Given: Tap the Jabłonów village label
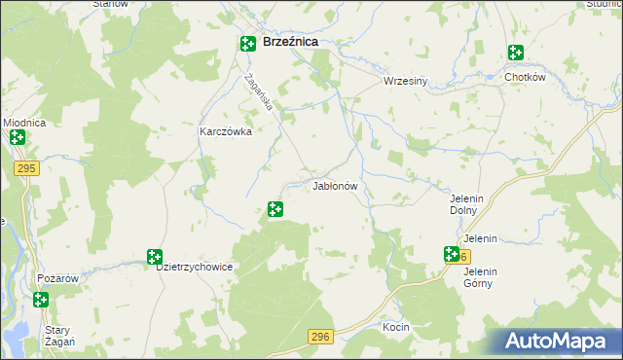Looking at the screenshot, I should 336,185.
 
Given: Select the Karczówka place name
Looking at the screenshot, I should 226,132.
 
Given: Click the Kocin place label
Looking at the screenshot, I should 396,327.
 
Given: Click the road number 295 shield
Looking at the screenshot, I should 26,168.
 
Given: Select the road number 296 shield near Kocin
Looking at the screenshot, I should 319,336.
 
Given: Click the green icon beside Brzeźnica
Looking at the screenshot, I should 248,43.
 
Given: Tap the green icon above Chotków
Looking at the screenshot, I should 514,54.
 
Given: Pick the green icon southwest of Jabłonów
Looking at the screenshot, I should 275,208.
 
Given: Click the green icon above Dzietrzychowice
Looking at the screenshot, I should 154,257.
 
